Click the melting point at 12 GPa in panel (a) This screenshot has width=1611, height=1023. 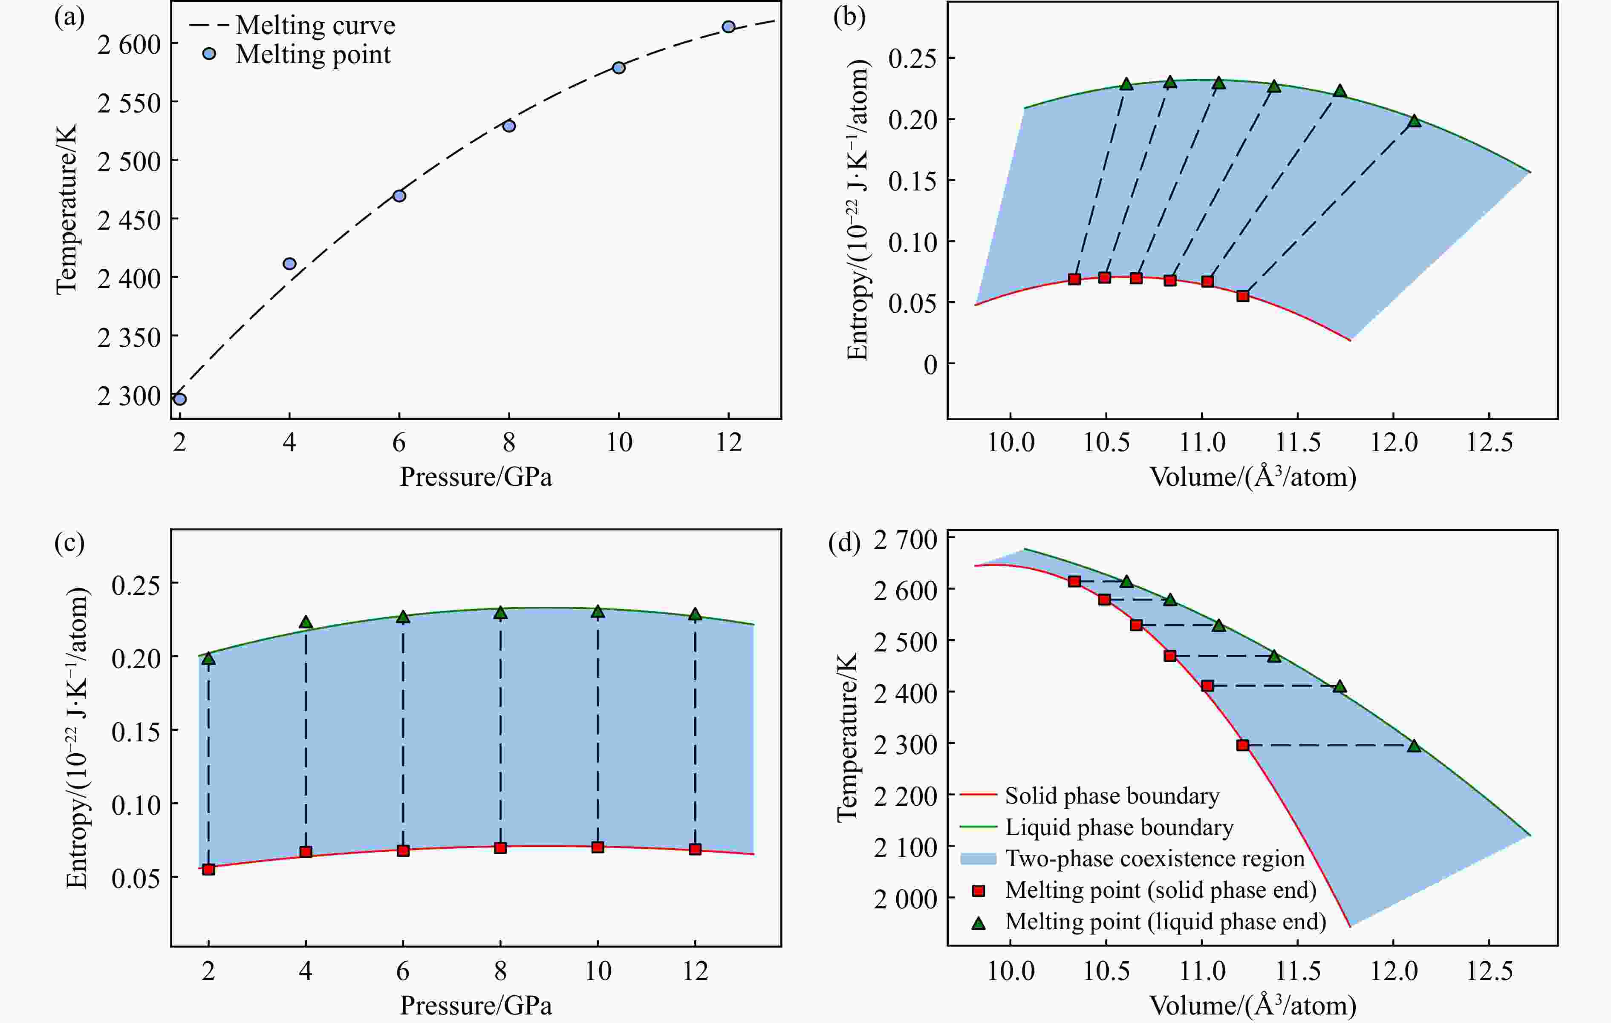point(728,27)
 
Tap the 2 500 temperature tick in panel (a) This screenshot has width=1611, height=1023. point(129,161)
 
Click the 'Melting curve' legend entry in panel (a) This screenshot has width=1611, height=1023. point(315,26)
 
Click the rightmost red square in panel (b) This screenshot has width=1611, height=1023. point(1242,296)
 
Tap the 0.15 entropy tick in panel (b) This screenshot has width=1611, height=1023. point(912,181)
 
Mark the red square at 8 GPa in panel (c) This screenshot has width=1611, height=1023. point(500,848)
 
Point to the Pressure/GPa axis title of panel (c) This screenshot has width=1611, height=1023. point(476,1005)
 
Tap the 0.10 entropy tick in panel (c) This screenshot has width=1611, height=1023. point(136,804)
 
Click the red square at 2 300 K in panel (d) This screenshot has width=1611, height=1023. point(1242,745)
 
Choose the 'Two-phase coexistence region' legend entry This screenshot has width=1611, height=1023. point(1154,859)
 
